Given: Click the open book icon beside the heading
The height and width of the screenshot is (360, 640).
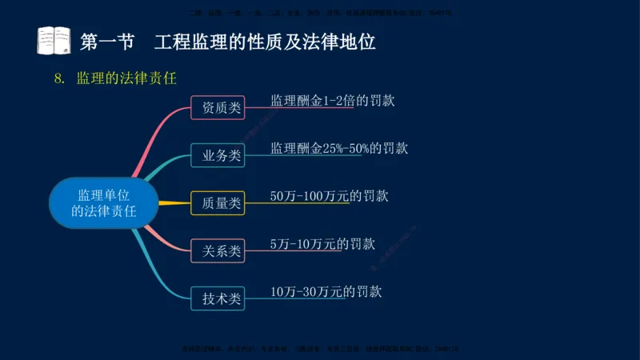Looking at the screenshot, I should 54,40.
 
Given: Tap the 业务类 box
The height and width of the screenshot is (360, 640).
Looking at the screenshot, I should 218,155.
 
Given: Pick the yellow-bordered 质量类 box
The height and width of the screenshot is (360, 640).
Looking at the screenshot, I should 218,203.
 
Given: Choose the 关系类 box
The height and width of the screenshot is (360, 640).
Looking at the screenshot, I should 218,251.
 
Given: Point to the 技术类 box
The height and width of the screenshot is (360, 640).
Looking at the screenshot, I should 218,298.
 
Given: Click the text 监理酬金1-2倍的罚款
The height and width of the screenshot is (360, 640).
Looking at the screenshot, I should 333,102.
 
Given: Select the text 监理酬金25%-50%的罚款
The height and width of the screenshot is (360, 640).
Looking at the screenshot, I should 339,148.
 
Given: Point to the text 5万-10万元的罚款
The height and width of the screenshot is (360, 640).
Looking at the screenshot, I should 322,244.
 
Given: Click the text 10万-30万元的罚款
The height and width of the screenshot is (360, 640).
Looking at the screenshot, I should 326,291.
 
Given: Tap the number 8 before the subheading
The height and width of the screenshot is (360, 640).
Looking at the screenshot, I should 58,78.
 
